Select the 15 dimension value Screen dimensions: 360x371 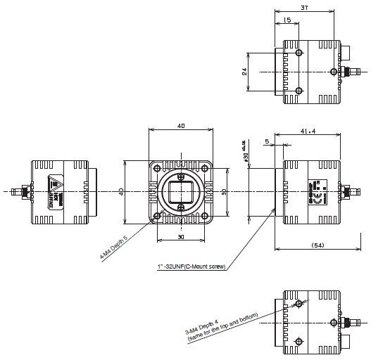[289, 20]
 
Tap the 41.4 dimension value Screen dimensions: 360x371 [308, 131]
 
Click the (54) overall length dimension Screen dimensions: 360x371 [317, 245]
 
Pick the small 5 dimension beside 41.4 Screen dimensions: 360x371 [267, 142]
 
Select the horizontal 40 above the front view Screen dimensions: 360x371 [181, 126]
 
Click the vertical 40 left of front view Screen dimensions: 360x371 [121, 191]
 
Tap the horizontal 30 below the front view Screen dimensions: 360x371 [181, 237]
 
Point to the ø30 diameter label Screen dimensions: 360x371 [246, 153]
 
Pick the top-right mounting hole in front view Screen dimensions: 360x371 [205, 167]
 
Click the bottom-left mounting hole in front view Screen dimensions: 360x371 [156, 215]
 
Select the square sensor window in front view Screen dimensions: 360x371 [181, 191]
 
